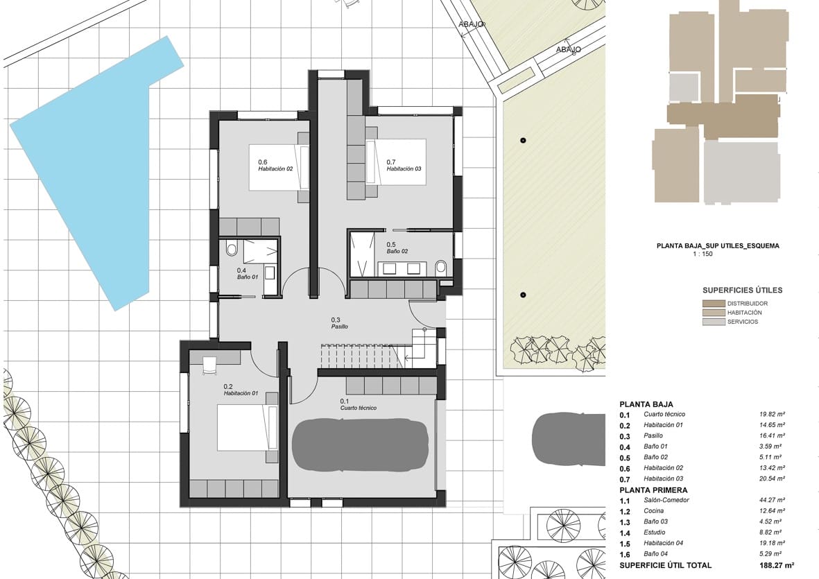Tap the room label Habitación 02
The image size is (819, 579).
tap(275, 168)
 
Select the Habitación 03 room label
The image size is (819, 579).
tap(404, 168)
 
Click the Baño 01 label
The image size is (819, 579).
tap(248, 277)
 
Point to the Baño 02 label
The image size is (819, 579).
tap(397, 251)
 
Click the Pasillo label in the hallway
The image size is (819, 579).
tap(339, 326)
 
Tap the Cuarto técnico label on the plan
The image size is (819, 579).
tap(358, 408)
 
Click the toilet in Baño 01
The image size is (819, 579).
tap(232, 248)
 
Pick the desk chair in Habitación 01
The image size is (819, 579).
tap(209, 365)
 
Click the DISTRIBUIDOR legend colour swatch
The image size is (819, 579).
tap(713, 304)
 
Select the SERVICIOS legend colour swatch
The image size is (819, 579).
tap(713, 322)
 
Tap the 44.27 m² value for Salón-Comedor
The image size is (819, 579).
tap(772, 500)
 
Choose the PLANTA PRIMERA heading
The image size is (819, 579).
tap(654, 490)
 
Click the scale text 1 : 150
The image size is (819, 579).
tap(702, 254)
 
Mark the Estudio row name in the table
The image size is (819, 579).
tap(655, 533)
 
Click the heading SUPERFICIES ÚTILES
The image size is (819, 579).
tap(742, 290)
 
